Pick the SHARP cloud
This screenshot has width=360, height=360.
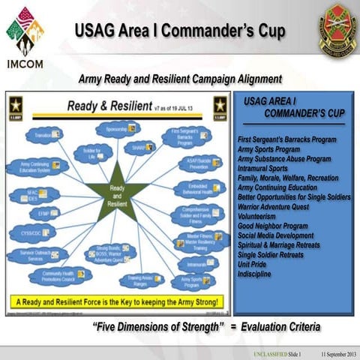pos(139,148)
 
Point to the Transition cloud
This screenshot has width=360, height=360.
pos(43,136)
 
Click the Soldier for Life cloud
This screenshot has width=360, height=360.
pos(91,153)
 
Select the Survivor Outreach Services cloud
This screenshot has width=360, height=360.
pos(37,255)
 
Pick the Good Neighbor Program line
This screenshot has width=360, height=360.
pos(272,225)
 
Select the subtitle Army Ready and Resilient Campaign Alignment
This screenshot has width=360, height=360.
pos(180,78)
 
